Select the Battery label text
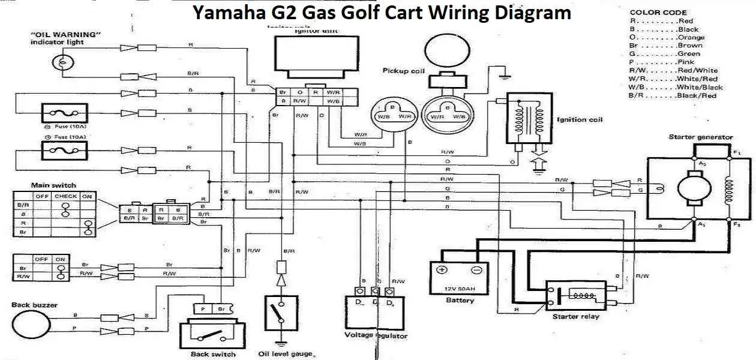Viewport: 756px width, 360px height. coord(460,300)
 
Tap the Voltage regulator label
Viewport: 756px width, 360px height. coord(376,335)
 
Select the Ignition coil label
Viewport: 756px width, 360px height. coord(580,119)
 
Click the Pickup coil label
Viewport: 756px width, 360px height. coord(403,71)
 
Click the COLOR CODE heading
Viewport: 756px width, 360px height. coord(658,13)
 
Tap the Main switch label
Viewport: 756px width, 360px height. coord(53,185)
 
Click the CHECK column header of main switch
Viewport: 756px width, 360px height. coord(65,196)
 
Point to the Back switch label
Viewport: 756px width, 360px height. coord(213,353)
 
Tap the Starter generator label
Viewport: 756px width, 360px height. coord(700,137)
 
